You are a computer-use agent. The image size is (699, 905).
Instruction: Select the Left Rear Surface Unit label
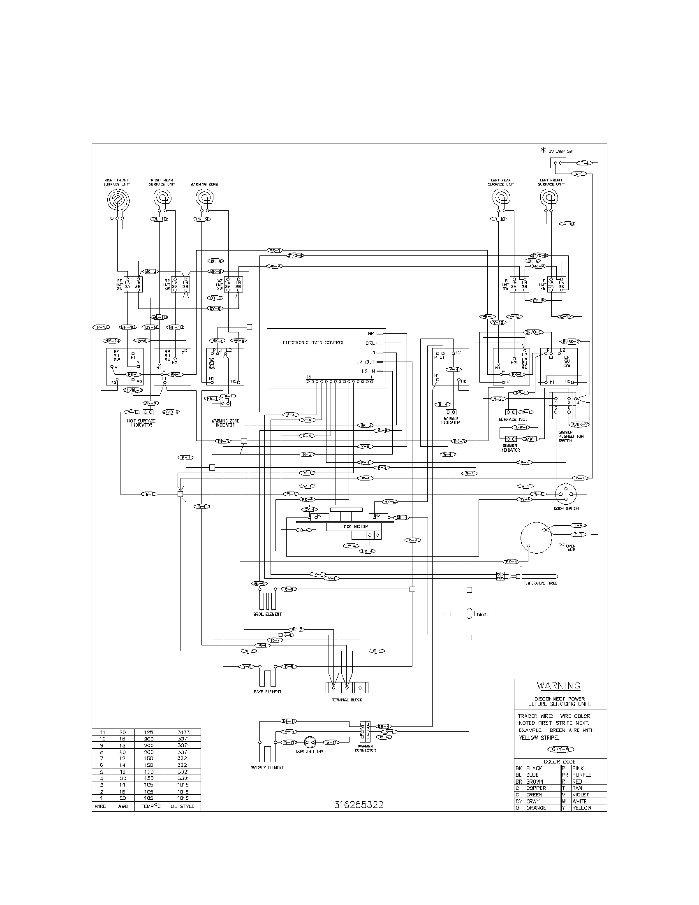(x=501, y=182)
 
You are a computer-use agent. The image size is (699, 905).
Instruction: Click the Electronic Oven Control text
(x=313, y=343)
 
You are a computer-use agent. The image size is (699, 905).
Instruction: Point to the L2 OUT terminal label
(x=365, y=362)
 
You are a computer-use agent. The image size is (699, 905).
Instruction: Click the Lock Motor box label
(x=354, y=527)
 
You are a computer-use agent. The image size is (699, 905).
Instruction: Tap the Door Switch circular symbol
(x=566, y=494)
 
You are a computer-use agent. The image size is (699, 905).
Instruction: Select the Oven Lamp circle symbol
(x=536, y=538)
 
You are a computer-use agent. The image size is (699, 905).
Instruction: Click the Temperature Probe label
(x=540, y=583)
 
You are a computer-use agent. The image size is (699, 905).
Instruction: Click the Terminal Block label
(x=347, y=700)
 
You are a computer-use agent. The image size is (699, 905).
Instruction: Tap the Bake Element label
(x=268, y=692)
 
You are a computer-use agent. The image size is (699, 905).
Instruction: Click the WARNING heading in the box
(x=559, y=686)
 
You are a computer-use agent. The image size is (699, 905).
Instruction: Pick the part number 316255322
(x=359, y=805)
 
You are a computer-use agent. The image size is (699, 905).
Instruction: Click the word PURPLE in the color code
(x=582, y=775)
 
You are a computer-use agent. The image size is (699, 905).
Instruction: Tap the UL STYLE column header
(x=183, y=806)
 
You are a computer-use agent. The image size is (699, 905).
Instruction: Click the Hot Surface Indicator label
(x=141, y=422)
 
